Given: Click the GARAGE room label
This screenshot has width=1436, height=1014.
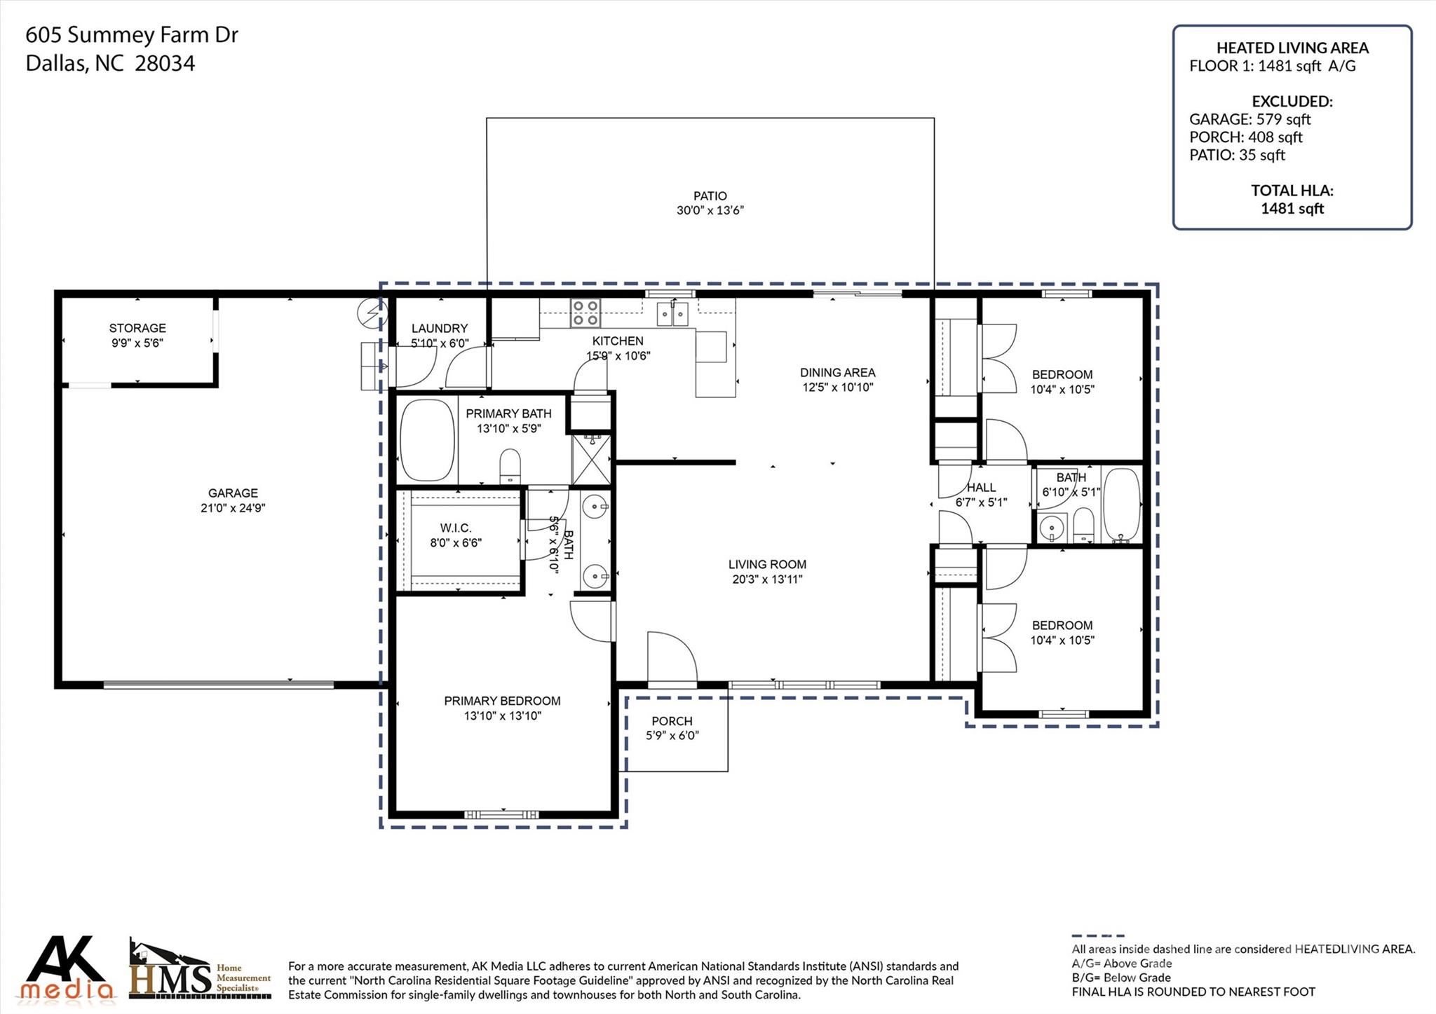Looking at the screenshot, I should point(233,493).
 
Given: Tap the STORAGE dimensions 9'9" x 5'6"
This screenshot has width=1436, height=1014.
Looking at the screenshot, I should point(137,343).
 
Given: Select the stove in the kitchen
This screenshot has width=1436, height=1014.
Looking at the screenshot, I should point(585,313).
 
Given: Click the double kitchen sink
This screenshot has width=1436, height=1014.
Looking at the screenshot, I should point(672,314).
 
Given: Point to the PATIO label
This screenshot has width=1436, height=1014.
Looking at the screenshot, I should point(710,196).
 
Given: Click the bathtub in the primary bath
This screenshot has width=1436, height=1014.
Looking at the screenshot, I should point(426,440).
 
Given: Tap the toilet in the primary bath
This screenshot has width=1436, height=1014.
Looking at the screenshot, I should point(510,466).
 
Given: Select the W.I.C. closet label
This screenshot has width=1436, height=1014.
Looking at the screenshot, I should point(456,528).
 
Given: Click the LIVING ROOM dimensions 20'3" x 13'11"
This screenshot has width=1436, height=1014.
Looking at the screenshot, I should point(767,579).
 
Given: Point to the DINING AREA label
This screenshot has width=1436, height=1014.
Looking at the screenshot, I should point(838,372).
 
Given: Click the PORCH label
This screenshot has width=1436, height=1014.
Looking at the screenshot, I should point(672,720).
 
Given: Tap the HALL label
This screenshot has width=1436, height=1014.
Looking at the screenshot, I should point(981,487).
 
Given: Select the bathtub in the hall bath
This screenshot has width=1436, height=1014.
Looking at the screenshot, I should point(1122,505).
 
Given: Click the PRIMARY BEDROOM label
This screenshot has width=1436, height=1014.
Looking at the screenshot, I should point(502,700).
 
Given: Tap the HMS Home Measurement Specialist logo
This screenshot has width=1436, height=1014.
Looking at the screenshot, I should point(200,971).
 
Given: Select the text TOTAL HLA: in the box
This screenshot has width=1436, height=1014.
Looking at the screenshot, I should point(1292,190).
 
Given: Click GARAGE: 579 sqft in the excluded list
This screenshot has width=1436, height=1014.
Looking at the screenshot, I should point(1249,119).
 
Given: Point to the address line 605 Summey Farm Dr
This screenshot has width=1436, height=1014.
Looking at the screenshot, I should point(132,34).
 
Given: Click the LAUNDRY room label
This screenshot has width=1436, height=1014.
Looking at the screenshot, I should point(440,328).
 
